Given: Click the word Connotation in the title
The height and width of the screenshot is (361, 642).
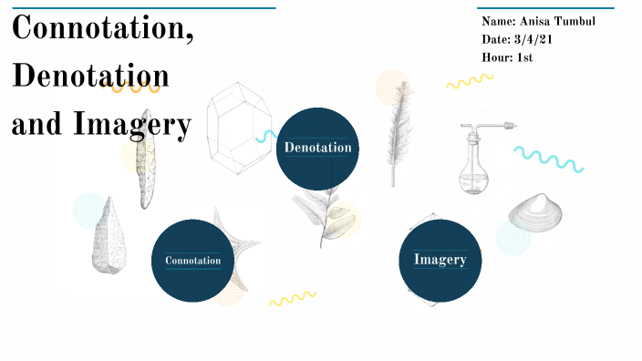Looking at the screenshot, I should pyautogui.click(x=101, y=29).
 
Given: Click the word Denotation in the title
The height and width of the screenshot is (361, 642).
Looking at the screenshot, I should pyautogui.click(x=90, y=77).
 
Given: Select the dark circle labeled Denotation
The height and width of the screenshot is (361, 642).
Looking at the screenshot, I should pyautogui.click(x=317, y=148).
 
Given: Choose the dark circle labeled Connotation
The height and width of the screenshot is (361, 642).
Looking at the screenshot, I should pyautogui.click(x=192, y=261).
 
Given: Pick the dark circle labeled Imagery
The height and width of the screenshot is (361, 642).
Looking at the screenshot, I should pyautogui.click(x=440, y=260).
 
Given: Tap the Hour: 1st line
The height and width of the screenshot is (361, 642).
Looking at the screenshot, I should pyautogui.click(x=507, y=57).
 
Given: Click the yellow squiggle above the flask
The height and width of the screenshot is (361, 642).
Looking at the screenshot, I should pyautogui.click(x=470, y=81).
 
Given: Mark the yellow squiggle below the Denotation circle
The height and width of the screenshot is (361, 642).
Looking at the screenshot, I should pyautogui.click(x=292, y=298).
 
